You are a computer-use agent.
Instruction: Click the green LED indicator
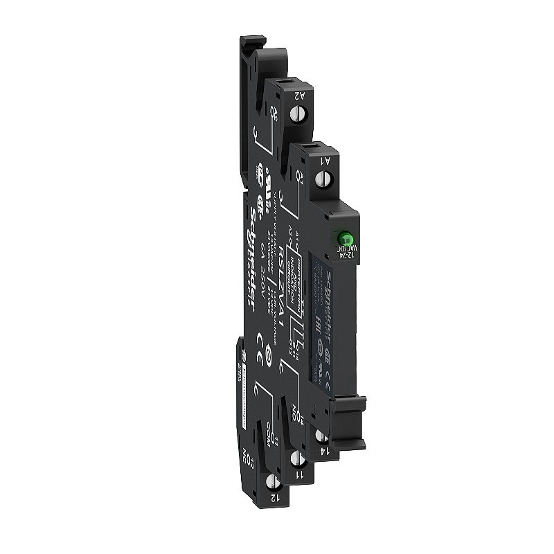(341, 238)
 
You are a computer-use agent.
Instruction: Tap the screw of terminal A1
(321, 178)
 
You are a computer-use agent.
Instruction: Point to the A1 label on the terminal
(323, 161)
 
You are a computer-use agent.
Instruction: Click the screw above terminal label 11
(298, 458)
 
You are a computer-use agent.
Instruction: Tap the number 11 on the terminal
(299, 476)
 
